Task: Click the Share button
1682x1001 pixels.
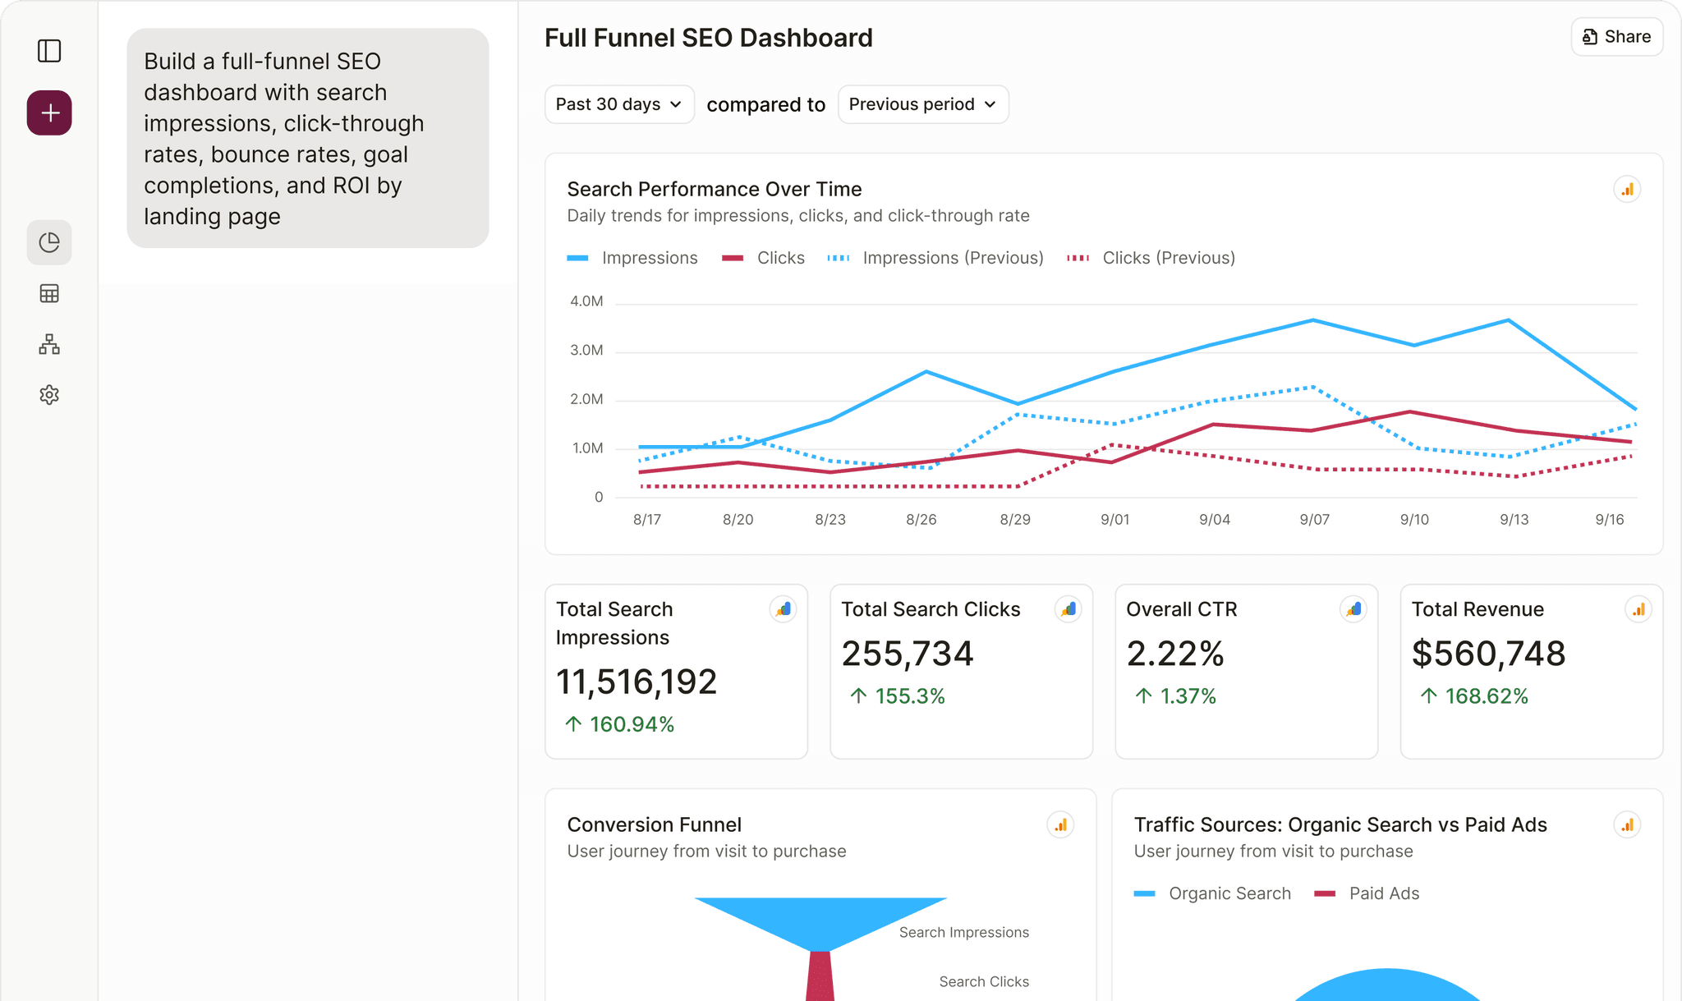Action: [x=1616, y=37]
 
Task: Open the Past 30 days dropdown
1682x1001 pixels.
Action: [x=619, y=104]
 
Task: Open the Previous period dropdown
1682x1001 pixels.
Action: [x=922, y=104]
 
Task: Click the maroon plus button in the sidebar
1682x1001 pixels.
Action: [x=49, y=112]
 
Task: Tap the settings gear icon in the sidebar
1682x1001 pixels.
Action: [x=49, y=395]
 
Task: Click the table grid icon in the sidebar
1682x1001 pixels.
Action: [x=49, y=293]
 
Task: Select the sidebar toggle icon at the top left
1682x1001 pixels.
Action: [x=49, y=51]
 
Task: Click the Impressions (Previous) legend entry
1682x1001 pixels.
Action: [x=936, y=258]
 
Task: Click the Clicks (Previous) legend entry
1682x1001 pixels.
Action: [x=1151, y=258]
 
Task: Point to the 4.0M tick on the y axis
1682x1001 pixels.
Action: [x=586, y=301]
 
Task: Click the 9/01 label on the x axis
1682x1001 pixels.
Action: [x=1114, y=519]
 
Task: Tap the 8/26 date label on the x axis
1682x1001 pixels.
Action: [x=921, y=519]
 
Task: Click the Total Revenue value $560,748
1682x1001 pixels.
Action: [x=1488, y=654]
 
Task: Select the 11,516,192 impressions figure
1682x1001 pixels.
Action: [x=636, y=682]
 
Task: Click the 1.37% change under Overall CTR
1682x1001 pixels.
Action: [x=1187, y=696]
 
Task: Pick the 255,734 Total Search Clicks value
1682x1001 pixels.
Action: [x=907, y=654]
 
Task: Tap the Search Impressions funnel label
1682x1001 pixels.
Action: [x=963, y=932]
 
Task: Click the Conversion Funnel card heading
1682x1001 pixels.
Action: [x=654, y=824]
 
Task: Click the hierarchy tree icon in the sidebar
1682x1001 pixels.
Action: [x=49, y=344]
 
